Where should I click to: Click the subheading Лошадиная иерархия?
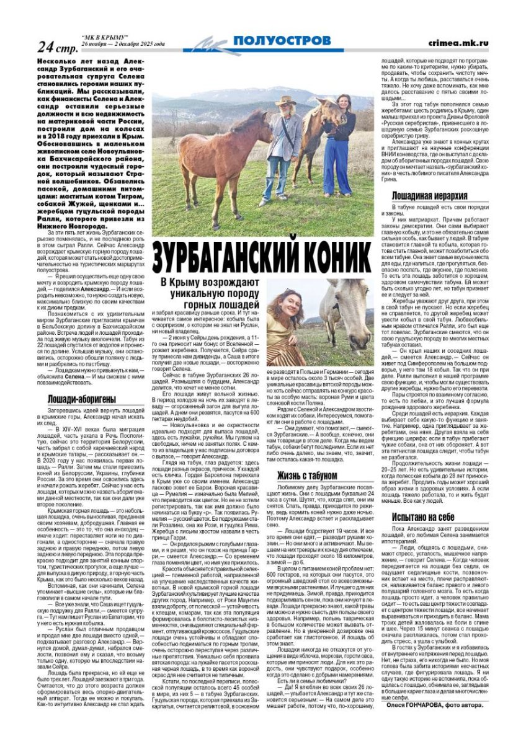[421, 197]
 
